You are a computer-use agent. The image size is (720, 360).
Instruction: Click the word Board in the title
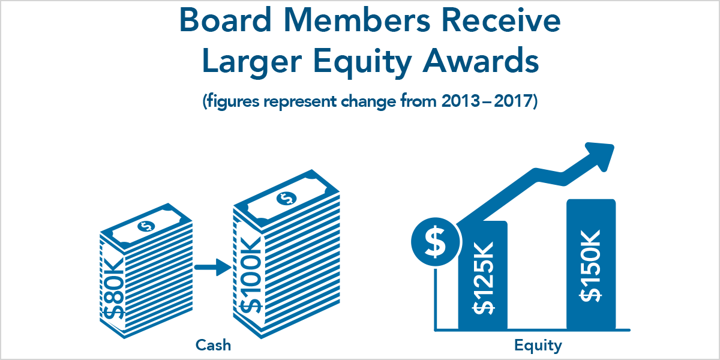pos(226,20)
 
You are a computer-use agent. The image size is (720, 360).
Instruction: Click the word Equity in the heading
pos(362,62)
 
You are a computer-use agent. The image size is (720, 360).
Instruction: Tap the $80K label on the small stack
pos(113,289)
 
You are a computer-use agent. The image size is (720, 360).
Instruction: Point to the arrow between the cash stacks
pos(213,267)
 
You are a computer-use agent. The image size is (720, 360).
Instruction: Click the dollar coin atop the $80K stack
pos(146,226)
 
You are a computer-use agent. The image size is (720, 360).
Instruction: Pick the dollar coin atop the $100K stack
pos(286,199)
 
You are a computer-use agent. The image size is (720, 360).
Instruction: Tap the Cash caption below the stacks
pos(213,345)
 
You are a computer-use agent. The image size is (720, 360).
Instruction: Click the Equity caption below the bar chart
pos(538,346)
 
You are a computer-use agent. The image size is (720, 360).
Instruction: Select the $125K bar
pos(483,275)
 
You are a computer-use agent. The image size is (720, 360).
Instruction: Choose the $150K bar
pos(591,264)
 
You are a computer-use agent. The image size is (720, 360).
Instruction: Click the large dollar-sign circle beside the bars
pos(436,242)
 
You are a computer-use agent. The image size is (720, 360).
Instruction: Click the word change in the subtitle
pos(368,101)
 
